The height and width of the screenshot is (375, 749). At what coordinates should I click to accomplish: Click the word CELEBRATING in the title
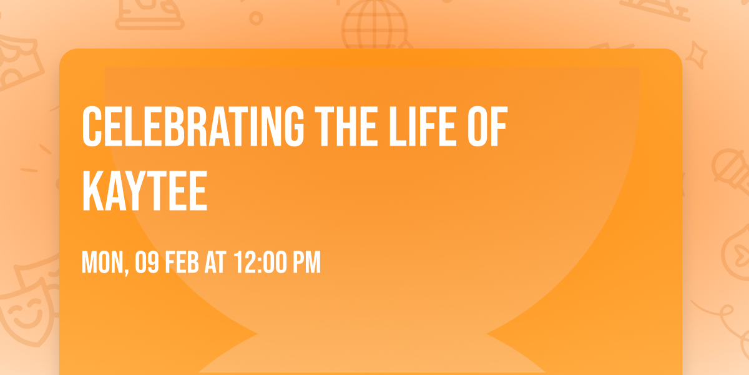[x=193, y=126]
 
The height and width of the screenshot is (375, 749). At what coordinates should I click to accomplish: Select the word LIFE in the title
[x=423, y=126]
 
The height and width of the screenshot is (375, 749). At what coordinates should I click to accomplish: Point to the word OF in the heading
[x=487, y=126]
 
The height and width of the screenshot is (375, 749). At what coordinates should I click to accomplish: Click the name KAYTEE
[x=145, y=191]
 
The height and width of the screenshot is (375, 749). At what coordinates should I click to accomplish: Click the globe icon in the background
[x=375, y=25]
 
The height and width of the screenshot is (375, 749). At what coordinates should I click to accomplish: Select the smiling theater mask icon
[x=27, y=313]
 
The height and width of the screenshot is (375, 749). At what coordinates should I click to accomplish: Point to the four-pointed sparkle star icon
[x=696, y=55]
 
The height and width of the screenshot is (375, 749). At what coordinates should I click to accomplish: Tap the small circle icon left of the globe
[x=256, y=18]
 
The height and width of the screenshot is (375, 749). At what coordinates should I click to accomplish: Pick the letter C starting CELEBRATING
[x=92, y=126]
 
